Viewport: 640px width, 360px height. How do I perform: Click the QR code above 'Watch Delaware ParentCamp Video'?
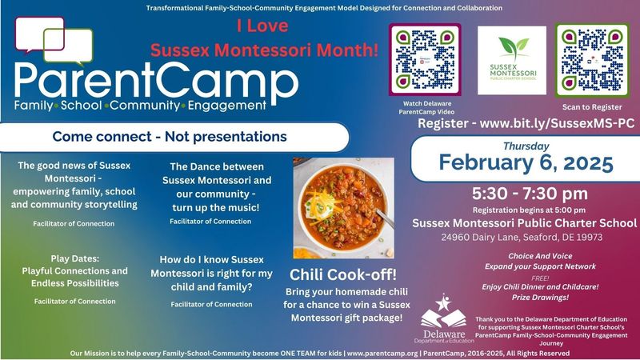[424, 59]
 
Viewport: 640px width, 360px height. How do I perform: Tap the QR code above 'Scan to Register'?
[592, 59]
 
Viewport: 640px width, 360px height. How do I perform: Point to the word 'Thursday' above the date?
[526, 146]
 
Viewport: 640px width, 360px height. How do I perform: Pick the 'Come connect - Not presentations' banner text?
[170, 137]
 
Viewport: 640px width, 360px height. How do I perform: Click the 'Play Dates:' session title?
[77, 260]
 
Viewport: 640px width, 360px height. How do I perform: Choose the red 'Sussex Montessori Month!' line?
[265, 49]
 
